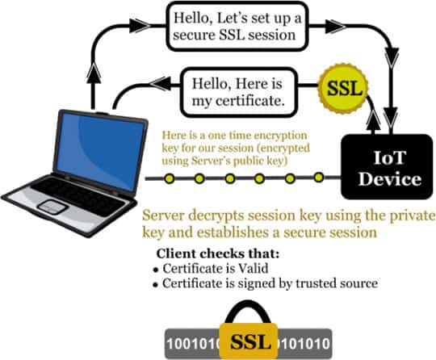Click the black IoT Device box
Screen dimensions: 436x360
click(x=387, y=167)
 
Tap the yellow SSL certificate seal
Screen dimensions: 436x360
click(x=344, y=89)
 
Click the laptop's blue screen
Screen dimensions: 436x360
click(x=100, y=150)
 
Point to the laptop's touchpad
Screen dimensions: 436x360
click(x=52, y=207)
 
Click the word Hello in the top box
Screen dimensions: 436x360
click(x=192, y=19)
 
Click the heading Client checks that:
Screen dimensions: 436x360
click(x=218, y=253)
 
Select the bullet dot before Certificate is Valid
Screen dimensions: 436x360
click(x=157, y=270)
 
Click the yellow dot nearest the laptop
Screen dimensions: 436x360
click(x=170, y=178)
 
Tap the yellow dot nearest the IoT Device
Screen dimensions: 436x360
click(x=319, y=177)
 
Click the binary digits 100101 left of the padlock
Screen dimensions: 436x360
click(x=193, y=343)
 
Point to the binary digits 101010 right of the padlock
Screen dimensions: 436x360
click(x=304, y=343)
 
